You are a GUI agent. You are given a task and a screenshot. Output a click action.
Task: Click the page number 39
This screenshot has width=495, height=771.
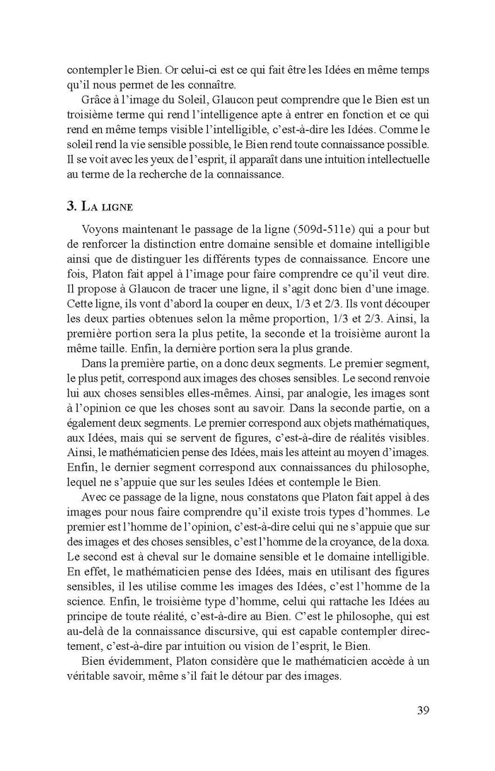tap(419, 710)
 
